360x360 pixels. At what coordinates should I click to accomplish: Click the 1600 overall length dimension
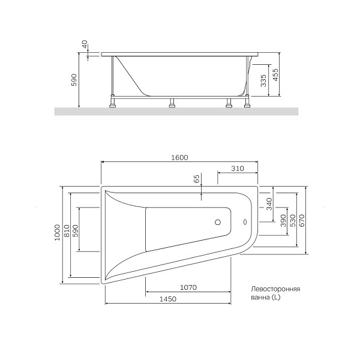(x=180, y=158)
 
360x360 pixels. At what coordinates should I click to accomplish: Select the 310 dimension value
(x=236, y=169)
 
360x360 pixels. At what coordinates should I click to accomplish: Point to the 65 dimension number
(x=196, y=178)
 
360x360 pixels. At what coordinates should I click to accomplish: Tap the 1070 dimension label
(x=188, y=287)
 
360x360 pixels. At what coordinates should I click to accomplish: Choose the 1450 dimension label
(x=168, y=299)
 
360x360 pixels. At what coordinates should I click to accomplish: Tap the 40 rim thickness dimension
(x=85, y=45)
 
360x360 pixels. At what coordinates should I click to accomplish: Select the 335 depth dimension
(x=263, y=81)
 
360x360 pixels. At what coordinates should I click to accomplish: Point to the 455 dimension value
(x=275, y=75)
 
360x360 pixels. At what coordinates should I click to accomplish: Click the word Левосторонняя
(x=275, y=289)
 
